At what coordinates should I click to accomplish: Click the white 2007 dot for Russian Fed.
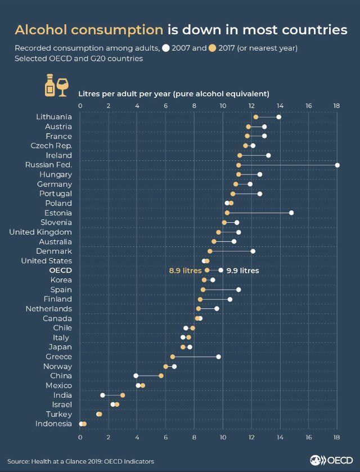(337, 165)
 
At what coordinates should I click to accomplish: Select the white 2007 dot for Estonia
(291, 213)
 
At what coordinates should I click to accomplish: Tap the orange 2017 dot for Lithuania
(256, 117)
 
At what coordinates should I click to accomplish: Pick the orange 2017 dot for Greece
(173, 357)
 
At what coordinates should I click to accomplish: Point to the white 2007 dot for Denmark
(253, 251)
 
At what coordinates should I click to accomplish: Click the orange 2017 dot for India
(123, 395)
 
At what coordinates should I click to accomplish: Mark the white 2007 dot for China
(136, 376)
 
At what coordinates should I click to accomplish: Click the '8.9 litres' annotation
(185, 271)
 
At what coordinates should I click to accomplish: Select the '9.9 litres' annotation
(242, 271)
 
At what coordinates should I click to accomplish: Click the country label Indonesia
(53, 424)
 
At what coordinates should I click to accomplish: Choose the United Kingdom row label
(40, 232)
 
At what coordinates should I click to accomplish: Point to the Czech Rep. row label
(51, 146)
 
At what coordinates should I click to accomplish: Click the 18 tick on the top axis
(337, 105)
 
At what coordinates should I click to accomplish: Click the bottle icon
(49, 85)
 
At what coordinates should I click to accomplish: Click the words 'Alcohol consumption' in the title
(88, 30)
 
